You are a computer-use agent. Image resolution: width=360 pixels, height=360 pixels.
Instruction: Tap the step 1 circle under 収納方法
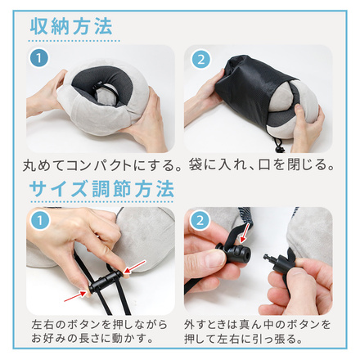(x=38, y=59)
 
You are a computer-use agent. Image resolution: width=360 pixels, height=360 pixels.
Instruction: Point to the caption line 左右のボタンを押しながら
(x=92, y=322)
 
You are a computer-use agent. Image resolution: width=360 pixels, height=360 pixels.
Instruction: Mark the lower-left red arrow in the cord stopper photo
(x=78, y=289)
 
